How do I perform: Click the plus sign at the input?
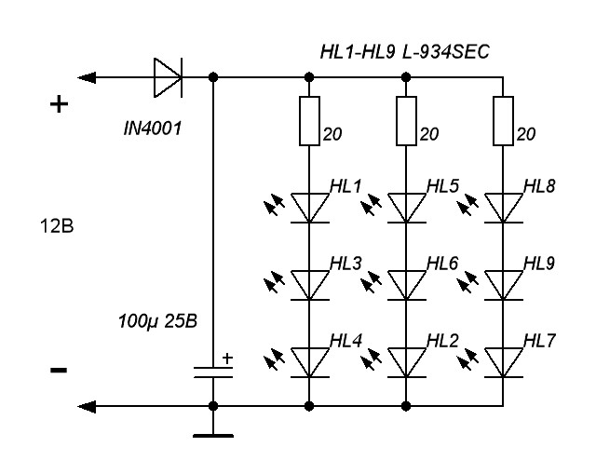[x=59, y=104]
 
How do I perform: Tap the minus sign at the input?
[x=58, y=370]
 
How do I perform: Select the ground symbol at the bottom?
[x=214, y=434]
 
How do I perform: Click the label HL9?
[x=539, y=264]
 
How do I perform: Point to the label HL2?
[x=442, y=342]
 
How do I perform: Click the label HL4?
[x=345, y=342]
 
